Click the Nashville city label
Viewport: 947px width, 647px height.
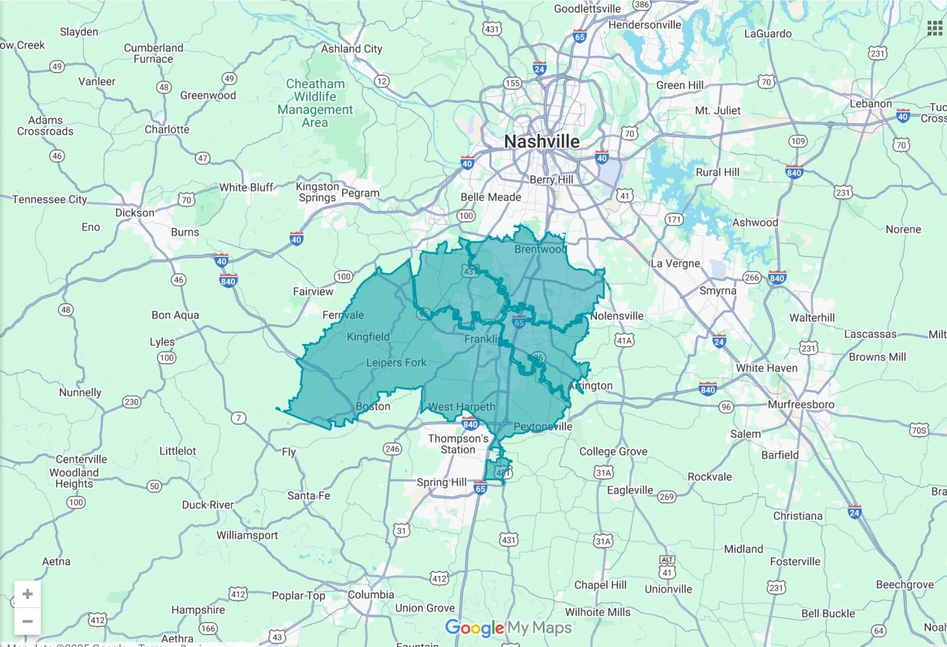pos(542,141)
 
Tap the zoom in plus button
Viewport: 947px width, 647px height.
pos(27,594)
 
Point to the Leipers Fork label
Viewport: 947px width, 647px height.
pos(396,362)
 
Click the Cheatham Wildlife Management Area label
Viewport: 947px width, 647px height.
pos(315,103)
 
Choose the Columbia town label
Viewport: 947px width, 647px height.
pos(371,594)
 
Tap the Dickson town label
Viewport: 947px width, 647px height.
pos(134,213)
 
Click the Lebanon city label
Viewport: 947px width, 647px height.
pos(870,104)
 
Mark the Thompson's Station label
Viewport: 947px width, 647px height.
pos(458,444)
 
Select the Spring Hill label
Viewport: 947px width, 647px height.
pos(442,482)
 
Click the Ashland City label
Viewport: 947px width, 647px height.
pos(352,49)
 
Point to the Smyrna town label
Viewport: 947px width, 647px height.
pos(717,291)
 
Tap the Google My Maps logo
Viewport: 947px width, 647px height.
pos(508,627)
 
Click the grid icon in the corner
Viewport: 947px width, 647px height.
pos(935,28)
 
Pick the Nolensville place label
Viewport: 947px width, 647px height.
pos(617,316)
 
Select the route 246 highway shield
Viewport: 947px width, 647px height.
pos(392,449)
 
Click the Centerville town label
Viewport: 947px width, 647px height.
pos(82,459)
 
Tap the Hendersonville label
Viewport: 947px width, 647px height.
pos(645,25)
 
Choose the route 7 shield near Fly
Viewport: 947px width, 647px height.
pos(239,418)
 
